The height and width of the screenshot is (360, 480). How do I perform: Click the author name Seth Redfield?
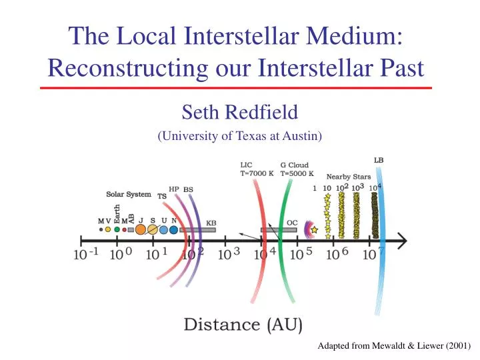tap(239, 111)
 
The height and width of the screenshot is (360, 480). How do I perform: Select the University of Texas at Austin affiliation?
tap(239, 136)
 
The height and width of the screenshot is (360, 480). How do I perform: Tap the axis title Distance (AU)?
tap(243, 325)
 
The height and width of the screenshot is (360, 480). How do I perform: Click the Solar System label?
tap(129, 195)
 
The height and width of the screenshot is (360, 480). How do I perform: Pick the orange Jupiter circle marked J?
tap(140, 229)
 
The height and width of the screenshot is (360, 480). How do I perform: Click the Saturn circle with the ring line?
tap(153, 229)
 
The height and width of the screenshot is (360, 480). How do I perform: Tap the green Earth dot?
tap(117, 229)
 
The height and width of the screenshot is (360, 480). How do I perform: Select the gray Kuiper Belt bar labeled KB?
tap(197, 229)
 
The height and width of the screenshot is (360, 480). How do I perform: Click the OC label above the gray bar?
tap(292, 222)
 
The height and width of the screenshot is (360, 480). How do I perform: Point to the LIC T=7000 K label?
tap(255, 168)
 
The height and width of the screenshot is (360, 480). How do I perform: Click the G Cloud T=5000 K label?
tap(294, 168)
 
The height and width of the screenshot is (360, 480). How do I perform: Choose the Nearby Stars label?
tap(348, 177)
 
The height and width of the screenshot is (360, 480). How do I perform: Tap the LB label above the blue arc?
tap(378, 160)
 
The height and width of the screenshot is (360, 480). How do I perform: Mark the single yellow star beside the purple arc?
tap(313, 229)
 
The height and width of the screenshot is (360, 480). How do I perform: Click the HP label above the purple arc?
tap(174, 189)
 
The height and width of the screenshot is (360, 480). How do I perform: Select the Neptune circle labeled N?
tap(174, 229)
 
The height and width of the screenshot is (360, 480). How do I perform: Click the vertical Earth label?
tap(117, 215)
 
